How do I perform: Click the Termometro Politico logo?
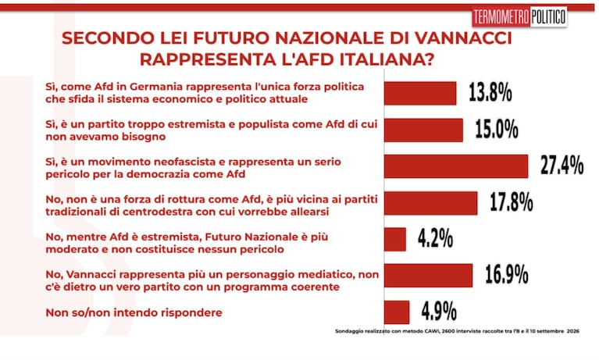click(x=519, y=17)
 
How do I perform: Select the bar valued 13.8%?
click(x=420, y=93)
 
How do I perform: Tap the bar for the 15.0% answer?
click(x=423, y=130)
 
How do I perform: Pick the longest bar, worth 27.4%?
click(x=456, y=166)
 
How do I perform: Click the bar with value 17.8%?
click(x=431, y=203)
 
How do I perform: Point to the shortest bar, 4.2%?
click(x=395, y=240)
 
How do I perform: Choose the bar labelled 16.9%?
click(x=428, y=276)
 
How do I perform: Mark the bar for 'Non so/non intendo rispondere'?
click(x=397, y=312)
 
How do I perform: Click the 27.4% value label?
click(x=562, y=165)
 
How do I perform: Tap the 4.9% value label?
click(x=439, y=311)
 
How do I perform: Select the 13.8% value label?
click(x=490, y=92)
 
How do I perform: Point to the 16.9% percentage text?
click(x=507, y=274)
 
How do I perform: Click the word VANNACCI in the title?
click(x=463, y=38)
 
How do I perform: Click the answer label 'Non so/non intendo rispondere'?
click(x=134, y=312)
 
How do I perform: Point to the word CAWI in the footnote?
click(x=431, y=331)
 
